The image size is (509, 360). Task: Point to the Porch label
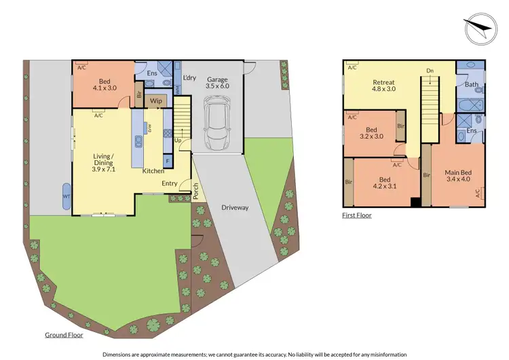[196, 192]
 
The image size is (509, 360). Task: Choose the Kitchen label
[153, 170]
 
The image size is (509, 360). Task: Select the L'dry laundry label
[189, 77]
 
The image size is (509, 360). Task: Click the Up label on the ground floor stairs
[178, 141]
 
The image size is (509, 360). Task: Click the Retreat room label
[383, 82]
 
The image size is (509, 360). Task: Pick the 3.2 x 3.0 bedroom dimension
[371, 136]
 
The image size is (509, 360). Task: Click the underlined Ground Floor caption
[64, 335]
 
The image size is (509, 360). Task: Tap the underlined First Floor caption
[356, 215]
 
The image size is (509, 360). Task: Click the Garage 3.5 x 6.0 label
[218, 83]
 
